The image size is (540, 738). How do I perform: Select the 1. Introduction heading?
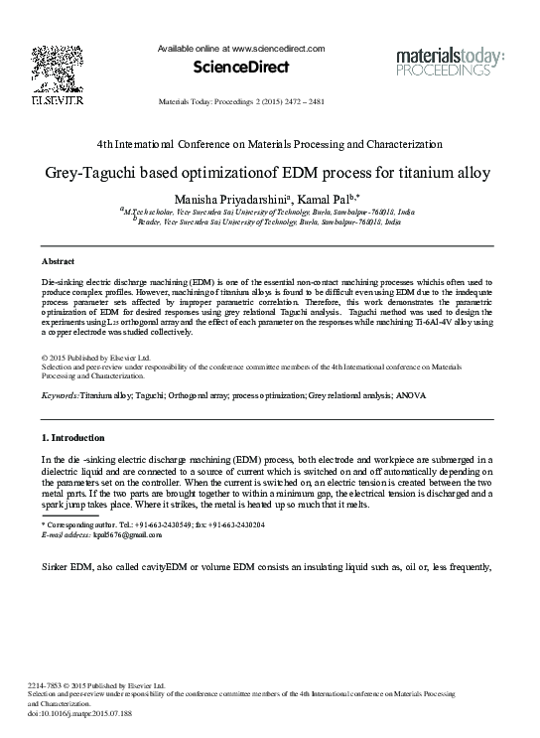coord(72,437)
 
